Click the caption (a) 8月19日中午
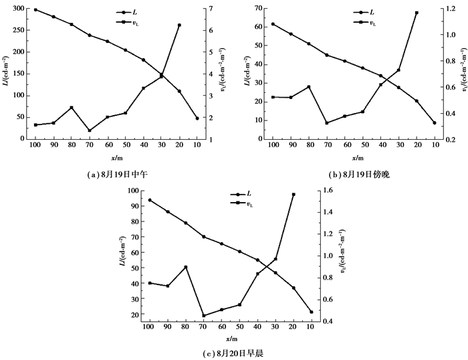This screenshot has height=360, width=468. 118,175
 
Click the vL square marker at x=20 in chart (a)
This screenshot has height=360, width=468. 179,25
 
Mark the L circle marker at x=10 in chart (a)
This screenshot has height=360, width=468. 197,118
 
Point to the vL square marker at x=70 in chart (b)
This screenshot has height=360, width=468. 327,123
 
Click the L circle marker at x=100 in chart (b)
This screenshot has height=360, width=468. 273,24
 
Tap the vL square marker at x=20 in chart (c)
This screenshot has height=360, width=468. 294,195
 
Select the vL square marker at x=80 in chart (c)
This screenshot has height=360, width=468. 186,267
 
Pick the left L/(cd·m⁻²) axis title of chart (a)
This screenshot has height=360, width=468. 6,74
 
